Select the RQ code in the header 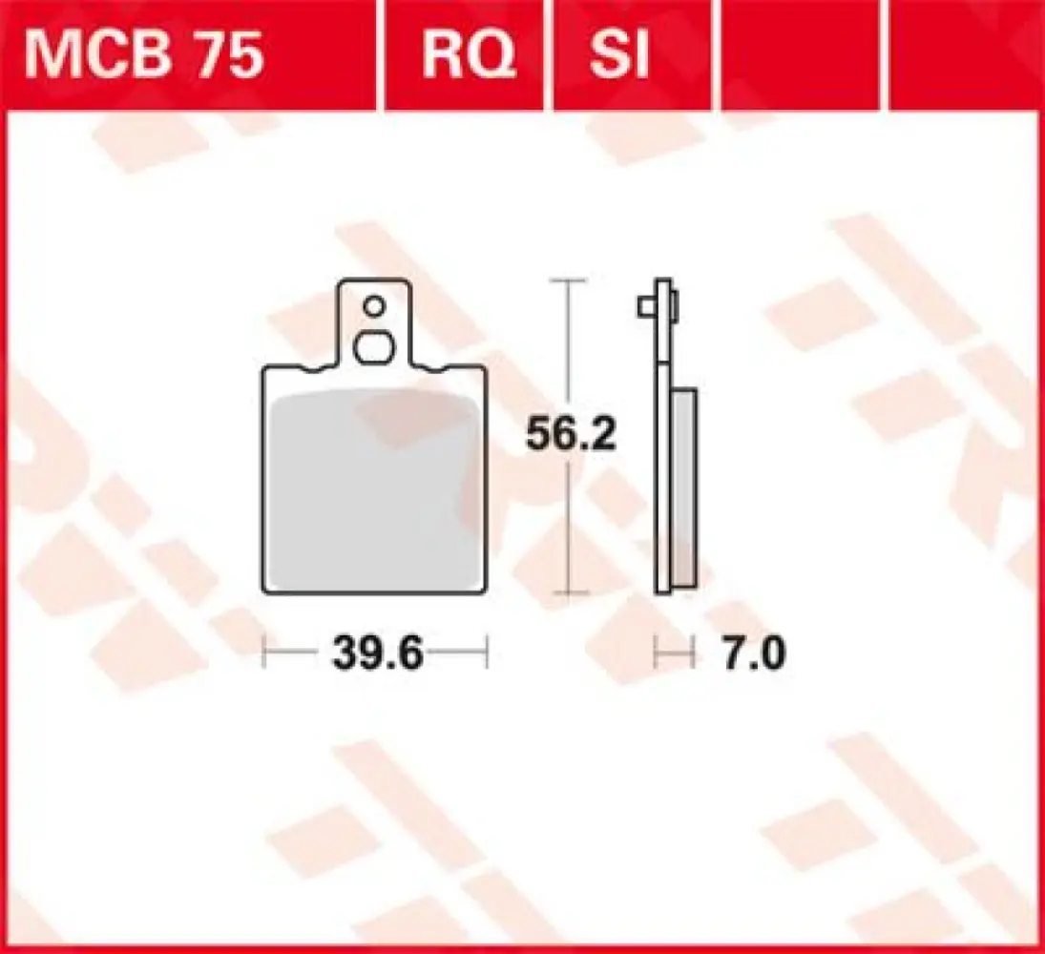coord(469,56)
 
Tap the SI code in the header coord(617,56)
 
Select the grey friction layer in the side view coord(684,487)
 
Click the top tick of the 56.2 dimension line coord(569,281)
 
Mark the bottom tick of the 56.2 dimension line coord(569,598)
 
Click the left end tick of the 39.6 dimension coord(263,655)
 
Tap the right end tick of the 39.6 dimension coord(488,655)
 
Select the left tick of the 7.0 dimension coord(656,655)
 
